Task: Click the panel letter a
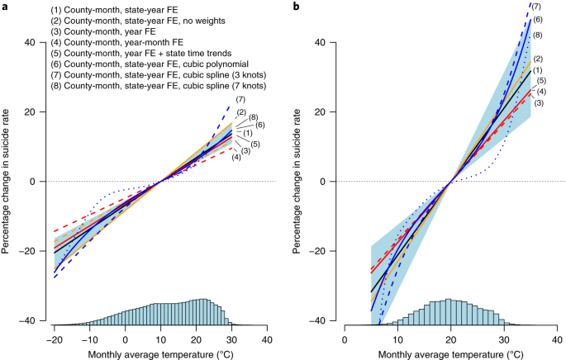point(4,6)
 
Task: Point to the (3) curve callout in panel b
point(538,102)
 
